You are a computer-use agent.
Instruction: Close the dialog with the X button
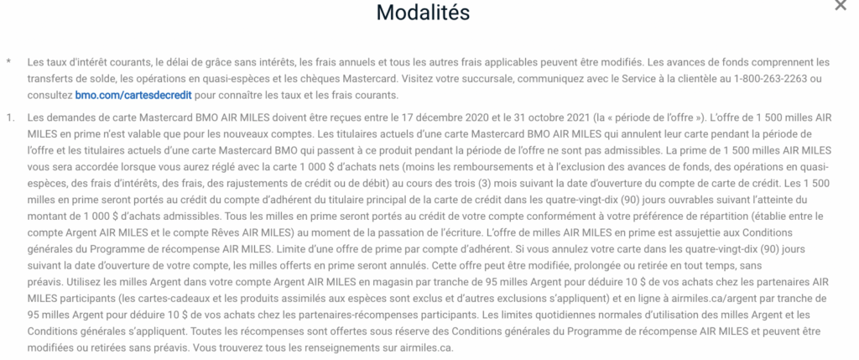[841, 6]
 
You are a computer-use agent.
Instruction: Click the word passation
[357, 233]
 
